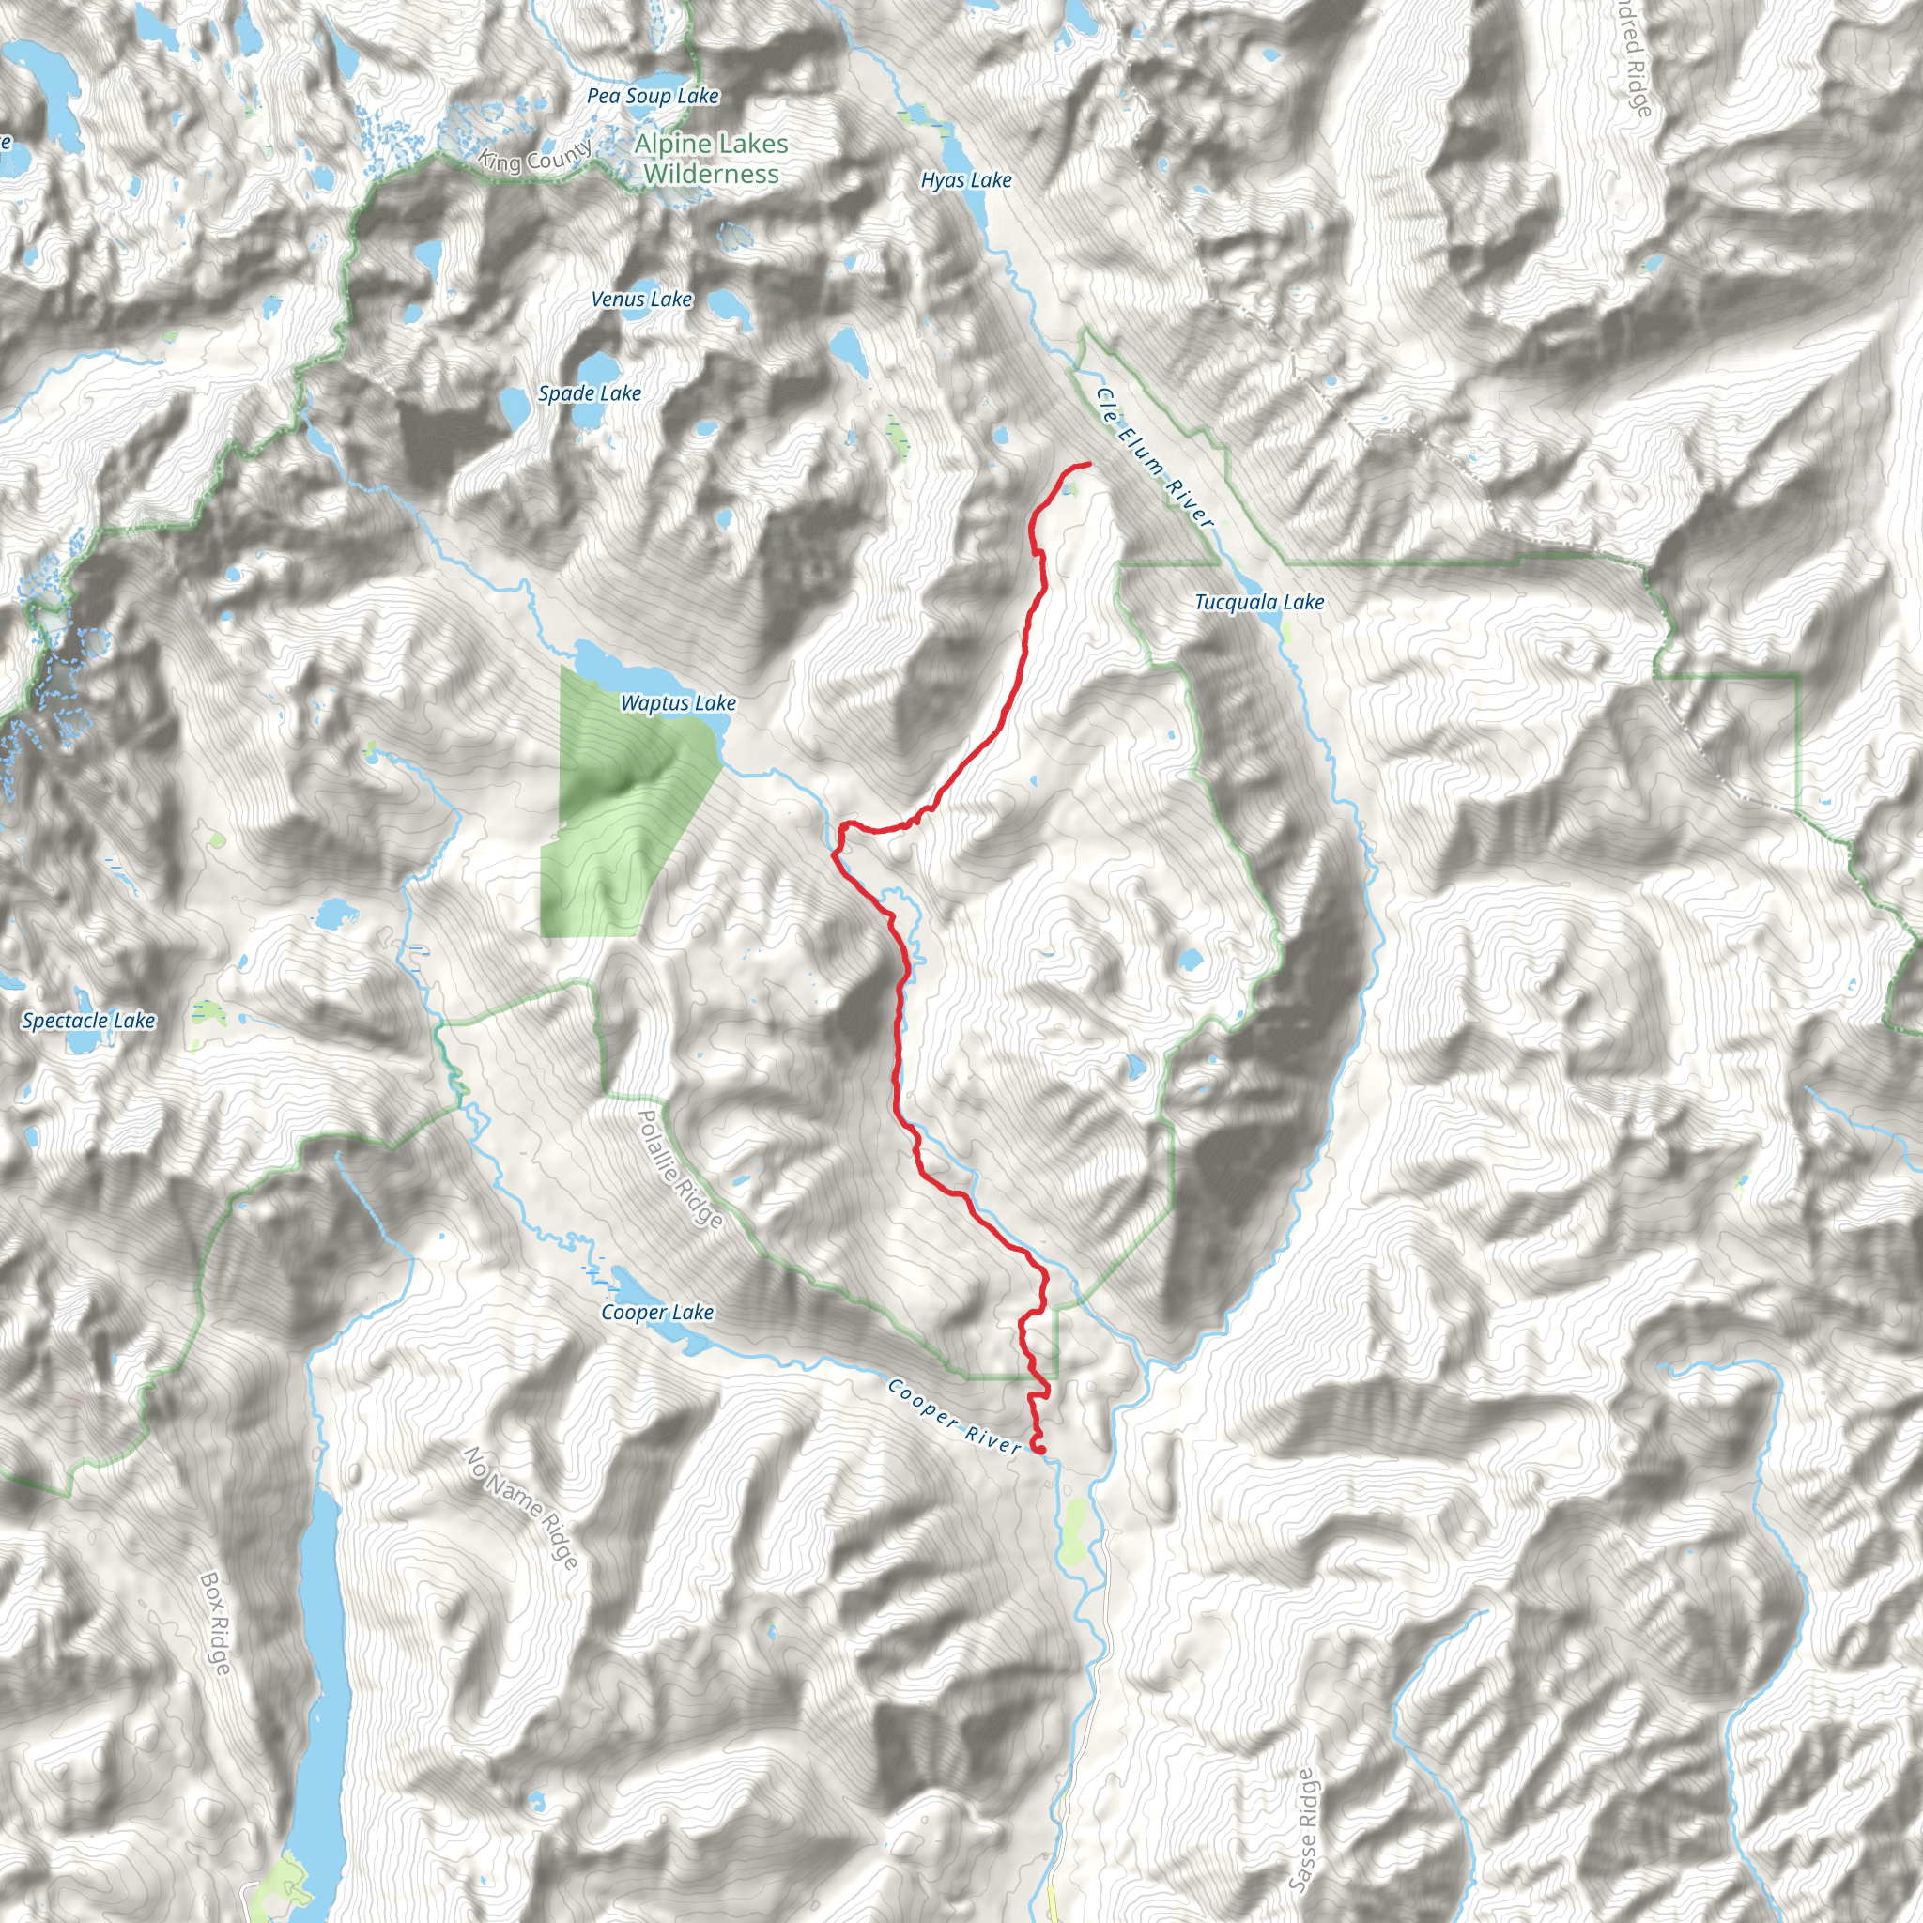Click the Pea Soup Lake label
[x=652, y=97]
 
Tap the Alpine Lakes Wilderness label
[x=711, y=160]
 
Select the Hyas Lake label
[x=965, y=180]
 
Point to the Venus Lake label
[x=641, y=299]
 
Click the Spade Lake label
[x=590, y=393]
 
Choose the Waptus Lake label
[x=678, y=702]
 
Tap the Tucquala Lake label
[x=1259, y=601]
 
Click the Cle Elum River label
[x=1155, y=457]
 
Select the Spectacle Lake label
[x=88, y=1021]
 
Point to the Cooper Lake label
[x=657, y=1312]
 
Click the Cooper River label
[x=954, y=1415]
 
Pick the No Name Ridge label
[x=520, y=1508]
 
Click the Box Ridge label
[x=216, y=1623]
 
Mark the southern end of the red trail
[x=1039, y=1448]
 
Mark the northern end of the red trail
[x=1089, y=464]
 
